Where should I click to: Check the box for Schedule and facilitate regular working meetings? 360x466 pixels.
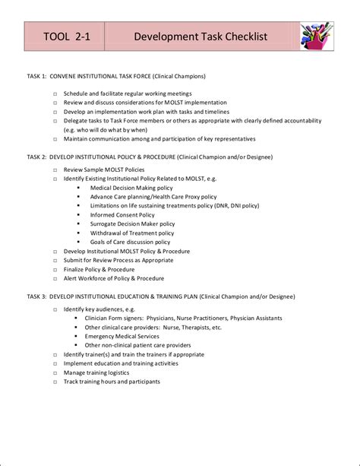55,94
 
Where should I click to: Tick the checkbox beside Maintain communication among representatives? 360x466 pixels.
55,139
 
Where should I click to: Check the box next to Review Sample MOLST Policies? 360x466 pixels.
55,170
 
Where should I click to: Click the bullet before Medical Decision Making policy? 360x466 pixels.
78,188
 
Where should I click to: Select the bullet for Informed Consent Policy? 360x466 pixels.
78,215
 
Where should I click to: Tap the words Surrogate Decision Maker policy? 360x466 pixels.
132,224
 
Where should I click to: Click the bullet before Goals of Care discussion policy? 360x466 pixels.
78,243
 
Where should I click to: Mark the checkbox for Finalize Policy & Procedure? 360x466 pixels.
55,270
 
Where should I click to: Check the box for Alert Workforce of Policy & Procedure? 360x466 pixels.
55,279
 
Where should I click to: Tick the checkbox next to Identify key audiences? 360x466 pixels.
55,309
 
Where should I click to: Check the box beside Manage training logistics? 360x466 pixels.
55,373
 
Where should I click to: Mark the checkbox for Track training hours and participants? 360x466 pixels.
55,382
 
